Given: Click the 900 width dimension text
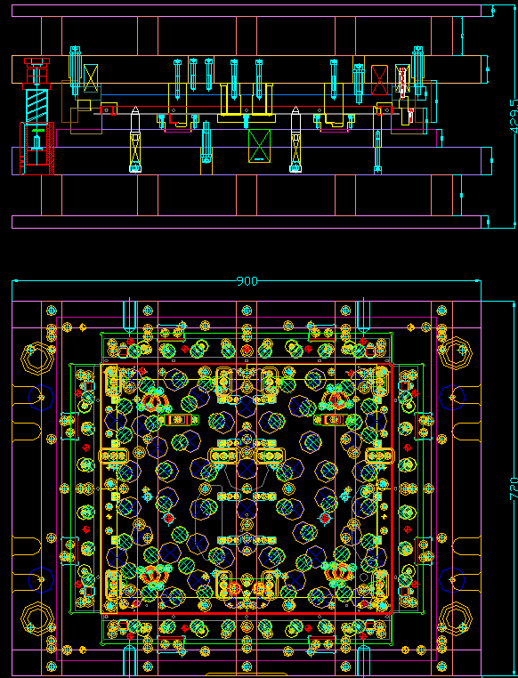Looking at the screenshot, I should click(247, 281).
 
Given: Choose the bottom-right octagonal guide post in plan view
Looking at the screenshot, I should click(456, 617).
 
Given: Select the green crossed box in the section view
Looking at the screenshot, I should click(259, 145).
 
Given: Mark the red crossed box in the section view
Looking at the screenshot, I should click(380, 78).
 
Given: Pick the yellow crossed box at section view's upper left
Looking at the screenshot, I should click(90, 78).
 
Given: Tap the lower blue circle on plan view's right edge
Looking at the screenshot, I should click(456, 579).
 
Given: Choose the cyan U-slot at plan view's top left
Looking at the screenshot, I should click(129, 316).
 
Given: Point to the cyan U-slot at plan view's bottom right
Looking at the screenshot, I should click(363, 660).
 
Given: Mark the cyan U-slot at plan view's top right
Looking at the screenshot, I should click(363, 316).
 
